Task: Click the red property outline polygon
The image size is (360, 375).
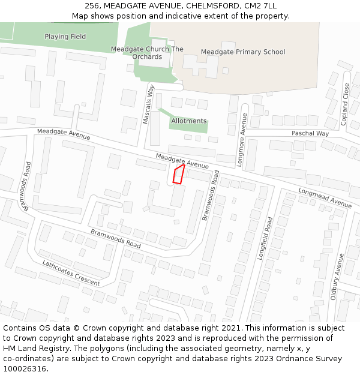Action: [178, 174]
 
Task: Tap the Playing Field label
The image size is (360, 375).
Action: [65, 37]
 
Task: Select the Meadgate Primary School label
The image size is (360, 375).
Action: [243, 52]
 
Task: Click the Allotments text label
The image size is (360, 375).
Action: [189, 121]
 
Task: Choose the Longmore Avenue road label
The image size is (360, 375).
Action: [244, 131]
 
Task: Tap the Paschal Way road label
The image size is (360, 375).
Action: [310, 133]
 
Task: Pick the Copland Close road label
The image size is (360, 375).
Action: [346, 104]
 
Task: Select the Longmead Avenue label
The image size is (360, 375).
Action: [325, 198]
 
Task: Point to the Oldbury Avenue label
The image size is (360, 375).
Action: [337, 276]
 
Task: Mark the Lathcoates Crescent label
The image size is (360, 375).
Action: [71, 273]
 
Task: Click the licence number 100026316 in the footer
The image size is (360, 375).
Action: [24, 369]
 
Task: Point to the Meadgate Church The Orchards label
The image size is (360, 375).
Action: [147, 53]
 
